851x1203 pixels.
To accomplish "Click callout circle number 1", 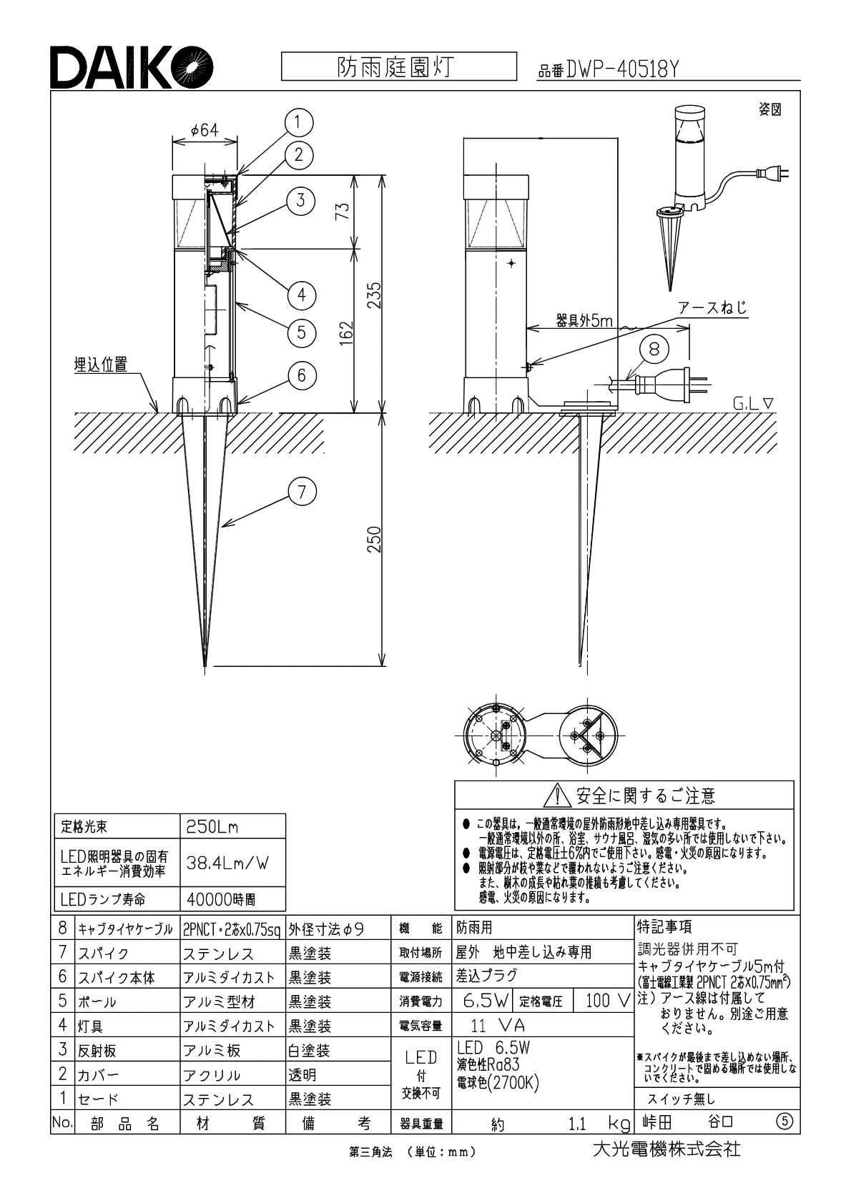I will point(300,123).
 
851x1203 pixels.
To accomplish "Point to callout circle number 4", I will point(302,294).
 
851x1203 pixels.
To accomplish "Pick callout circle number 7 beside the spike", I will point(302,491).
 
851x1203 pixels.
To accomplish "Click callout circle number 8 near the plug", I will point(654,349).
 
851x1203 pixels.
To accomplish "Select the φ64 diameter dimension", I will point(205,129).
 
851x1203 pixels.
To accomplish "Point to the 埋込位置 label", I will point(101,365).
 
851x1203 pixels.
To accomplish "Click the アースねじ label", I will point(712,308).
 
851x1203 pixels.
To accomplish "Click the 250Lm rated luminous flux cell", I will point(212,827).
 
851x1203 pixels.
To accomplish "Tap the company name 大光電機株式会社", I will point(666,1149).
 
